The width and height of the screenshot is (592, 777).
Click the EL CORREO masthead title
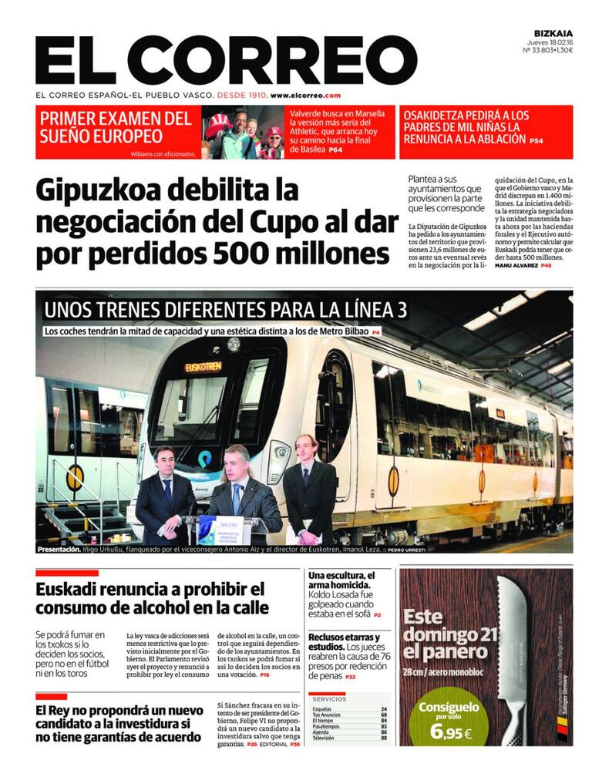pos(226,60)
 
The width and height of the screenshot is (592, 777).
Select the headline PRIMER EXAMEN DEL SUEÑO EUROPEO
pos(116,127)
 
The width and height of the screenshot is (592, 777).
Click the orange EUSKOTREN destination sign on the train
pos(203,367)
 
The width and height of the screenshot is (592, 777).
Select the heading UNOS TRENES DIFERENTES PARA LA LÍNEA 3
pos(225,310)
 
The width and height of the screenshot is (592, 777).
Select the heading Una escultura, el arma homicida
pos(341,581)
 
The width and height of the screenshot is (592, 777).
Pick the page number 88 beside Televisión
pos(384,738)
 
